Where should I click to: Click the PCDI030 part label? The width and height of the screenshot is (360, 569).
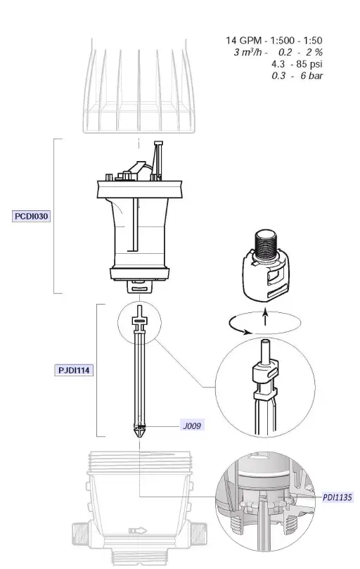[32, 217]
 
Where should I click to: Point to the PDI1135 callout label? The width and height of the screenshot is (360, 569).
[338, 497]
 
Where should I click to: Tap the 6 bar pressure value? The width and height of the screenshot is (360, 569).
[311, 75]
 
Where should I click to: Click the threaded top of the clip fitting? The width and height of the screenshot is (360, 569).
[266, 243]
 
